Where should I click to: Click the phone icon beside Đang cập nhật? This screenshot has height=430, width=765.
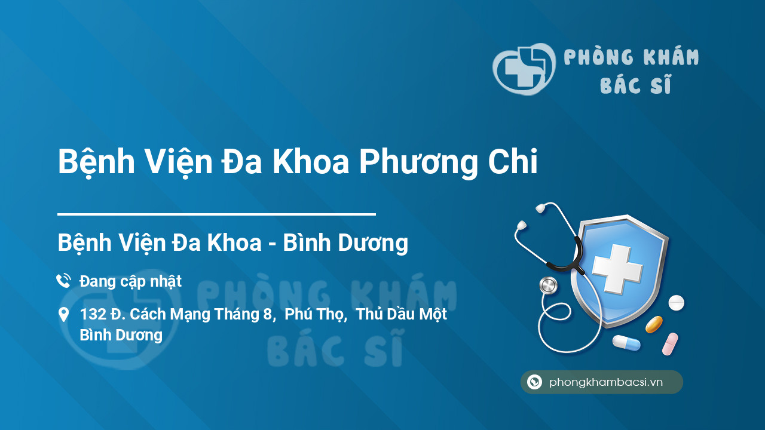click(63, 281)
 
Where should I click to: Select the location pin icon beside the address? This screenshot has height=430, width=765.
click(63, 315)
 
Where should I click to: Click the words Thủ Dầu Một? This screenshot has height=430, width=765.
click(402, 314)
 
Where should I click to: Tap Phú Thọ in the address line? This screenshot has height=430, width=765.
click(316, 314)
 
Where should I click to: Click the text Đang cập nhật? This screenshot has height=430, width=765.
click(130, 281)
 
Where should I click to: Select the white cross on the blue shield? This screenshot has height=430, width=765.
click(616, 268)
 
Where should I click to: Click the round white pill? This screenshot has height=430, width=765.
click(676, 303)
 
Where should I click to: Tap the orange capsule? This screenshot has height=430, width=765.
click(654, 324)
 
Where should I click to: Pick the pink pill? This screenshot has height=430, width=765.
click(670, 344)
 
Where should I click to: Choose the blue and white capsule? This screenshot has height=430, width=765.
click(626, 343)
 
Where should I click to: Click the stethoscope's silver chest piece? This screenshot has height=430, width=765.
click(547, 285)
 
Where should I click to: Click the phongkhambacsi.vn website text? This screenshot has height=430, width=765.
click(606, 382)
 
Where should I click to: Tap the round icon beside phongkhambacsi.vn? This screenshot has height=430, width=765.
click(534, 382)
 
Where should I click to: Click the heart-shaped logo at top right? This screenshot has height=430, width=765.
click(524, 69)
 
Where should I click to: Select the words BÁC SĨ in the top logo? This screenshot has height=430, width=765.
click(635, 85)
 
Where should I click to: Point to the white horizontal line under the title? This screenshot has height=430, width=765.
click(216, 214)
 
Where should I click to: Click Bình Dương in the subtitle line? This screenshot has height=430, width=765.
click(345, 243)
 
